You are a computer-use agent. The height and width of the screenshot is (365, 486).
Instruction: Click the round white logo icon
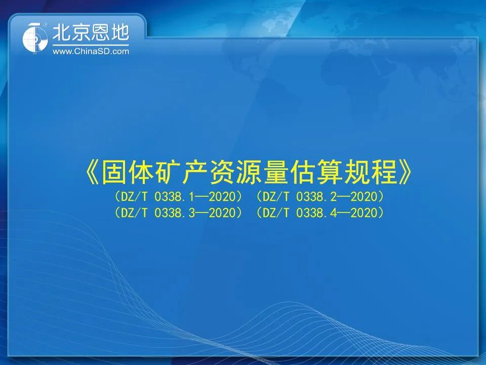[x=35, y=38]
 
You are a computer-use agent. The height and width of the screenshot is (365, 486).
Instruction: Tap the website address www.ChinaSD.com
[x=91, y=51]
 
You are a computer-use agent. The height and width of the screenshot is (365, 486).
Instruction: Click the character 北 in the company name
[x=62, y=32]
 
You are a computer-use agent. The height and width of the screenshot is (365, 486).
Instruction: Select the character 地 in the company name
[x=119, y=32]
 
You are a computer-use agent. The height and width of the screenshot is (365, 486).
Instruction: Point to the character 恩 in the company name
[x=100, y=32]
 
